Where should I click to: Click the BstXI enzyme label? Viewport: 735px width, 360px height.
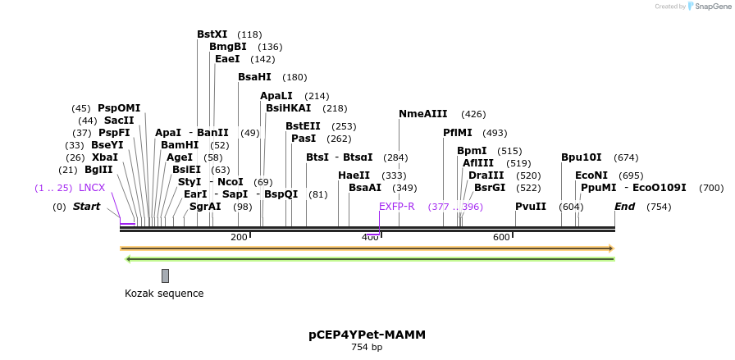(212, 34)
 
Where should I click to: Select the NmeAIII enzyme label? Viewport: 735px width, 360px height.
(422, 114)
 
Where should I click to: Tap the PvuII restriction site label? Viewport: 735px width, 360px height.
(530, 206)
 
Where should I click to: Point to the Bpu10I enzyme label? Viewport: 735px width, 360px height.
(581, 157)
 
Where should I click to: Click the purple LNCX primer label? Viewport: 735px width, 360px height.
(92, 188)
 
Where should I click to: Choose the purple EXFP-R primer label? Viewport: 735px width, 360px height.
(396, 207)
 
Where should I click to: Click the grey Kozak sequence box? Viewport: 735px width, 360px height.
(165, 276)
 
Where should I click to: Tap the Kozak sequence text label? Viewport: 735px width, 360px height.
(164, 294)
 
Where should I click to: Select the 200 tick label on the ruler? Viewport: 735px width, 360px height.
(239, 238)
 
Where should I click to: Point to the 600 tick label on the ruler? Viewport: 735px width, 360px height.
(501, 238)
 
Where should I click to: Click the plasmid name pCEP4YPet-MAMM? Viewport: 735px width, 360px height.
(367, 335)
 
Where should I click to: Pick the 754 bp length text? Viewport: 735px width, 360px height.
(367, 348)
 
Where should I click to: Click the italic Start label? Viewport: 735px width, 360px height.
(86, 207)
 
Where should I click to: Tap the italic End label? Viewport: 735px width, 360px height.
(624, 207)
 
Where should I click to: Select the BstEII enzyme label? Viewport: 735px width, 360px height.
(303, 126)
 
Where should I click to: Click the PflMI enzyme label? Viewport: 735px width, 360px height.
(458, 133)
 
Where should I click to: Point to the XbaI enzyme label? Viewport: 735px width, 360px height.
(104, 157)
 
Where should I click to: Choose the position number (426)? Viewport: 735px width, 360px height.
(473, 114)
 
